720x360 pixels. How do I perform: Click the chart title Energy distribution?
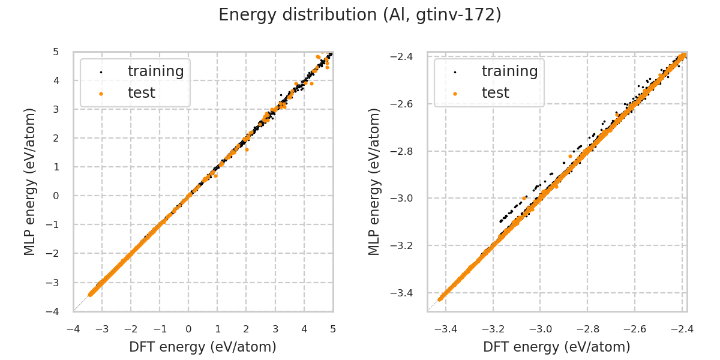[360, 15]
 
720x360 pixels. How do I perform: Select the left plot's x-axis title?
[203, 347]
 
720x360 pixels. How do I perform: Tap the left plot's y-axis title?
[30, 182]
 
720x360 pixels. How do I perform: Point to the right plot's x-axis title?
[557, 347]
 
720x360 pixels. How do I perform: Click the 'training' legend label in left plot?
[155, 71]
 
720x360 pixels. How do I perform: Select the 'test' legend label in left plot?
[141, 93]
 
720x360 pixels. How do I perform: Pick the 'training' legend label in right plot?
[509, 71]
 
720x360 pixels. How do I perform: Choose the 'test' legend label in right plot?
[495, 93]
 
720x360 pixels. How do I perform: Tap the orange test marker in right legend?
[455, 94]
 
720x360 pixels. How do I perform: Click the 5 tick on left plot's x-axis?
[333, 329]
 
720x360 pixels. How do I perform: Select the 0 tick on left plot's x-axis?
[188, 329]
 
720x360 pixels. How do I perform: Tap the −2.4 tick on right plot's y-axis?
[410, 57]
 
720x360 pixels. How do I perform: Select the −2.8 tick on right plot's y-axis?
[410, 151]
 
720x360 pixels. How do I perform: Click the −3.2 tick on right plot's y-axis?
[410, 246]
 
